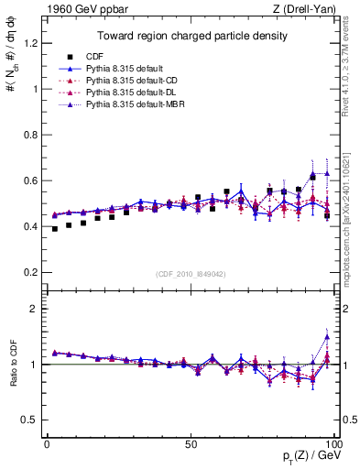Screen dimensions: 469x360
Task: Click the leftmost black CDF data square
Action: tap(55, 229)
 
